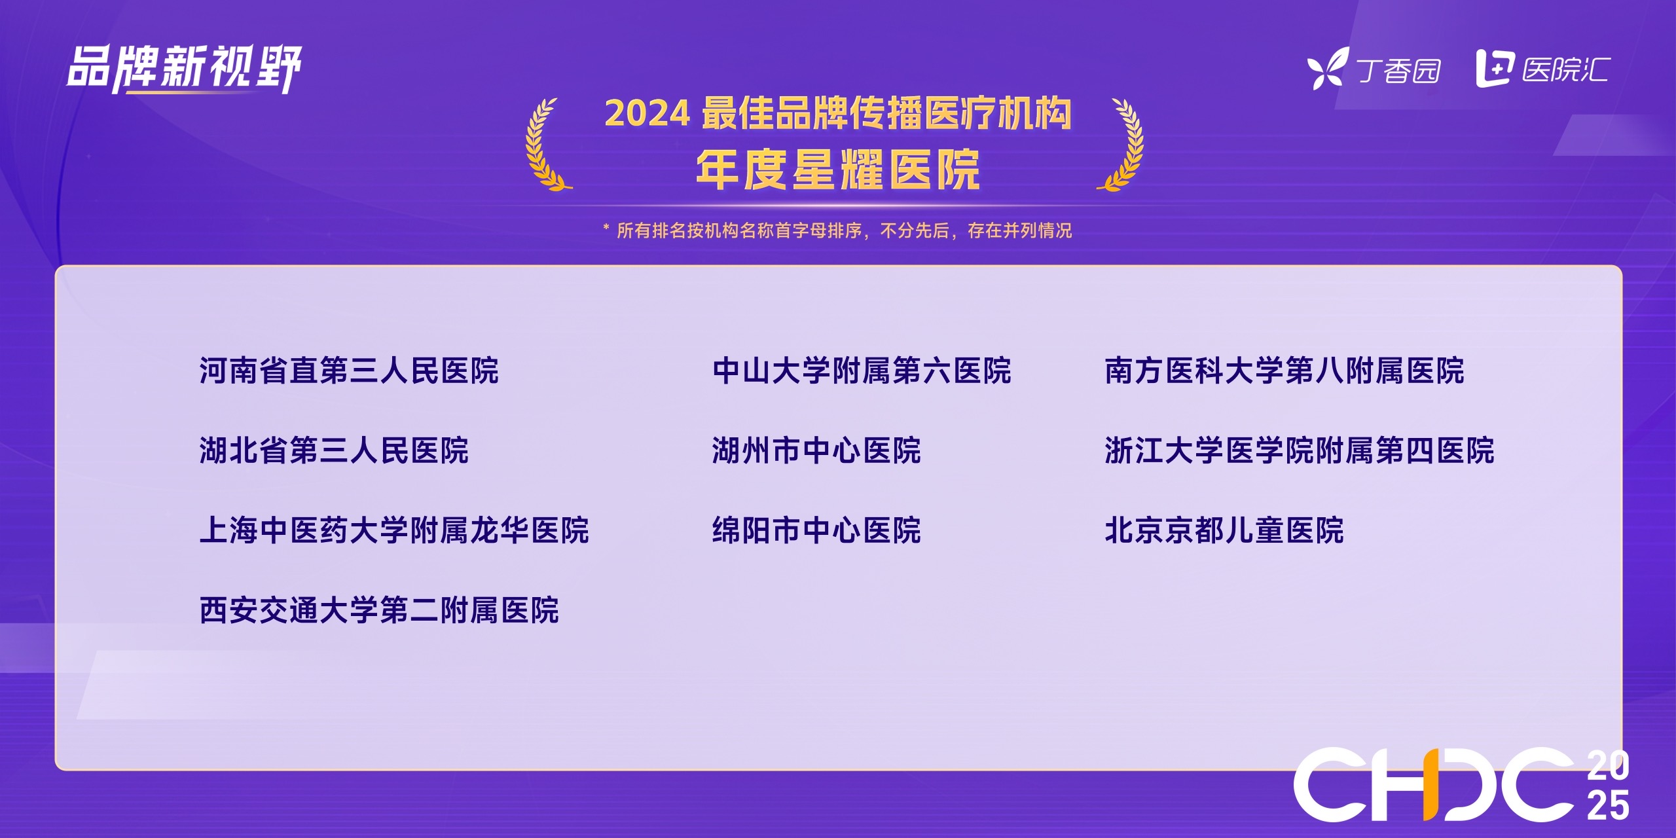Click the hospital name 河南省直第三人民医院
[x=349, y=371]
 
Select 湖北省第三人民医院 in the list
[x=334, y=450]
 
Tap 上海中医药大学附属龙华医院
[x=394, y=530]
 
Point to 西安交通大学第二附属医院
[x=379, y=610]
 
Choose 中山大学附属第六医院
[x=862, y=371]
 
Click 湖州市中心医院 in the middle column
[x=816, y=450]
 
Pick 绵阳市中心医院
[x=816, y=530]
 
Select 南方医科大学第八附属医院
[x=1284, y=371]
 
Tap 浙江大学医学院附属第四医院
[x=1300, y=450]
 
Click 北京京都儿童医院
[x=1224, y=530]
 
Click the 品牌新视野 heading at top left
[x=184, y=68]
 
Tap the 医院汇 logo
[x=1543, y=69]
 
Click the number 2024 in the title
[x=647, y=114]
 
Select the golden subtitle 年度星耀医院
[x=838, y=170]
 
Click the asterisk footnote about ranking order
[x=837, y=230]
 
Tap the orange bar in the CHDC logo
[x=1430, y=784]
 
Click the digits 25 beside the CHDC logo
[x=1608, y=805]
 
